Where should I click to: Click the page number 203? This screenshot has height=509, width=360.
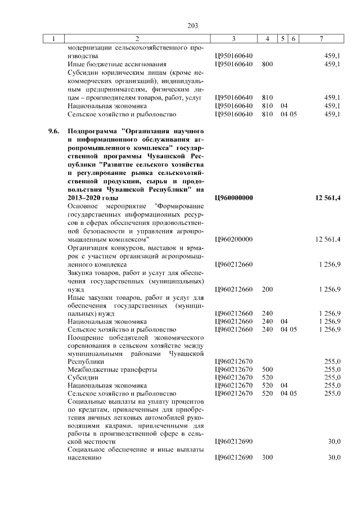point(193,25)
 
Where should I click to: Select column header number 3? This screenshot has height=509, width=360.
point(233,39)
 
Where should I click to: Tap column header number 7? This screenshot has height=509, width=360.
point(321,39)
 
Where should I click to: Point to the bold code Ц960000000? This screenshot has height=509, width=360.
point(235,199)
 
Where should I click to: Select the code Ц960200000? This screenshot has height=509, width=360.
point(234,240)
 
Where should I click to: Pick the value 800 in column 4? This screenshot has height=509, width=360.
point(267,64)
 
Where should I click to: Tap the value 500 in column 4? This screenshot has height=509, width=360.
point(267,370)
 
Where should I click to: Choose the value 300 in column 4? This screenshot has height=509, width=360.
point(267,457)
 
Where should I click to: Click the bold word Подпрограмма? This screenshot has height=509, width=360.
point(93,131)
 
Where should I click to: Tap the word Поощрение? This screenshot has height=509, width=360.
point(86,336)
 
